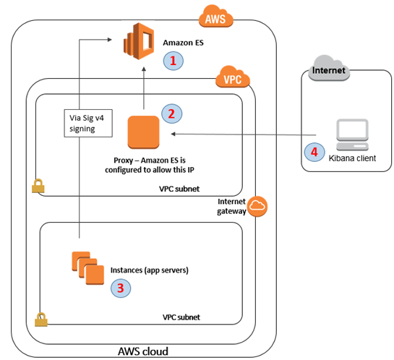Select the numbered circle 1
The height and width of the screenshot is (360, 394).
point(172,61)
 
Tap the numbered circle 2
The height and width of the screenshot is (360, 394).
point(171,113)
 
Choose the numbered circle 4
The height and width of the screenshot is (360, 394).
point(313,153)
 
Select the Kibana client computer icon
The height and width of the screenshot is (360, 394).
point(346,134)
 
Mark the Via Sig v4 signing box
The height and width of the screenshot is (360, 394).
point(85,125)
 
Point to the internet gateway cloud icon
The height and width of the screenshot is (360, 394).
point(256,207)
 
